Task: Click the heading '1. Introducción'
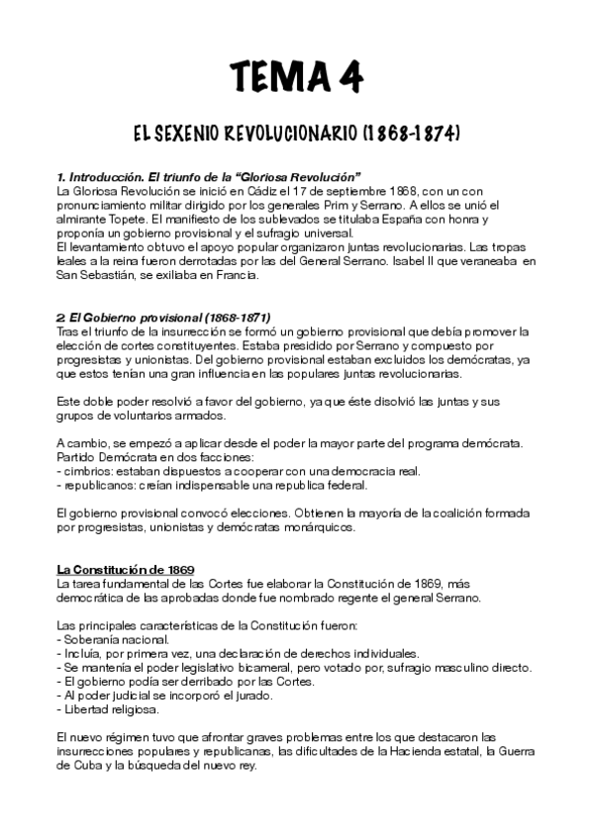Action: [x=100, y=175]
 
